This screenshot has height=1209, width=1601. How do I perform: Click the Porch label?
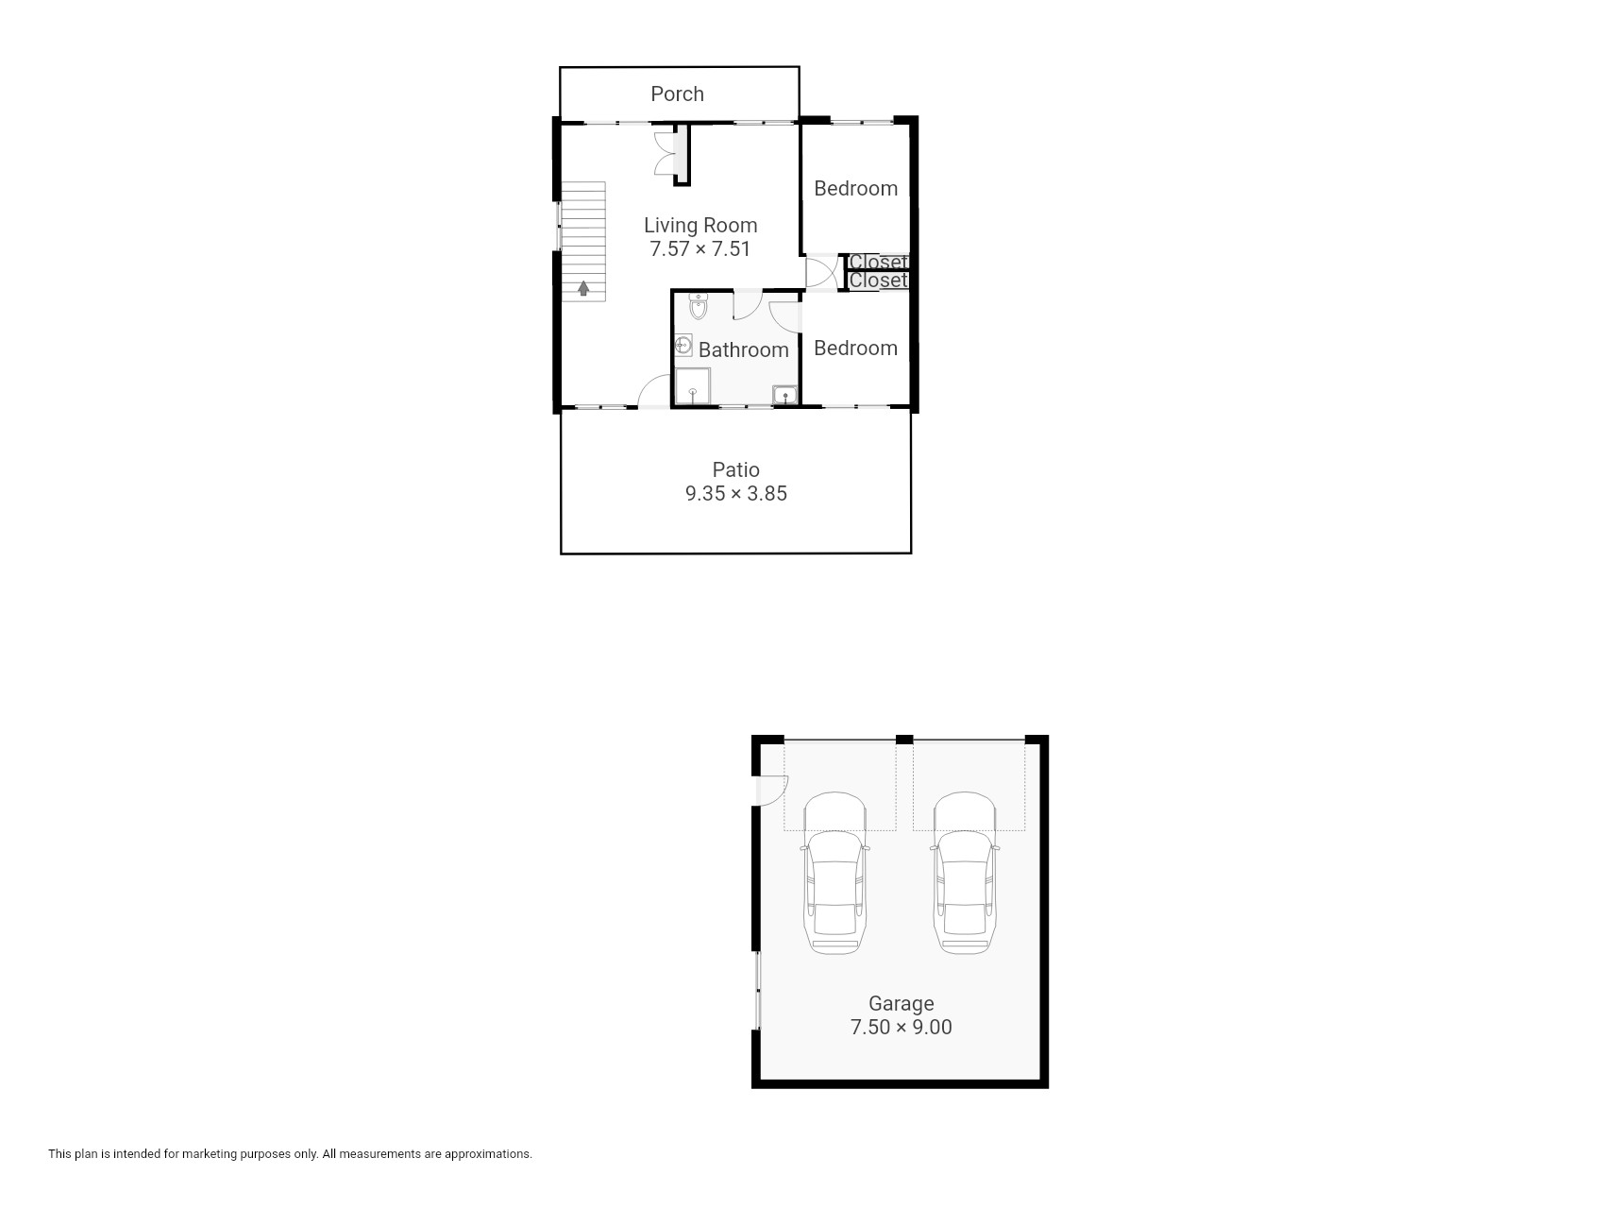click(677, 94)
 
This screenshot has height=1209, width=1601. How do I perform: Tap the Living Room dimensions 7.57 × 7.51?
click(700, 249)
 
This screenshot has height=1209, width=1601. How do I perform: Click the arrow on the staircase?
click(583, 287)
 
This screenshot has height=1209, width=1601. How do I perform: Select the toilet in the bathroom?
click(699, 307)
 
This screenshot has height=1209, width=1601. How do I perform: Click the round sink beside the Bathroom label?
click(684, 345)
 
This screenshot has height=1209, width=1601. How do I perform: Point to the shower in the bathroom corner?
click(693, 388)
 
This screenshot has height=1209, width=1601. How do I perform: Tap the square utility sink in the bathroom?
click(784, 395)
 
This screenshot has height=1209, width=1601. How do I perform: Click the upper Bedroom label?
click(855, 188)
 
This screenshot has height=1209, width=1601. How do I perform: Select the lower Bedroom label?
click(855, 348)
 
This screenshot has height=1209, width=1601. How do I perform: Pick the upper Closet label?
click(878, 262)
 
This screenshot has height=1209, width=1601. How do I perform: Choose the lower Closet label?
click(878, 281)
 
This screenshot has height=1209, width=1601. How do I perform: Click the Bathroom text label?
click(744, 349)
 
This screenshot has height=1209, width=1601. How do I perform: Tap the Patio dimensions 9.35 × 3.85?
click(736, 493)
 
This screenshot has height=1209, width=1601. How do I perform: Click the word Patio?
click(736, 469)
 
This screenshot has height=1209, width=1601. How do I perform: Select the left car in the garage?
click(835, 873)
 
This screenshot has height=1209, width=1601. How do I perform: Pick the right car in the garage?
click(965, 873)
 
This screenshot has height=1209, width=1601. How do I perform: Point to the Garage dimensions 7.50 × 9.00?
click(902, 1027)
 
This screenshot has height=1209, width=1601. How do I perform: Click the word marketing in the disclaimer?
click(211, 1154)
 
